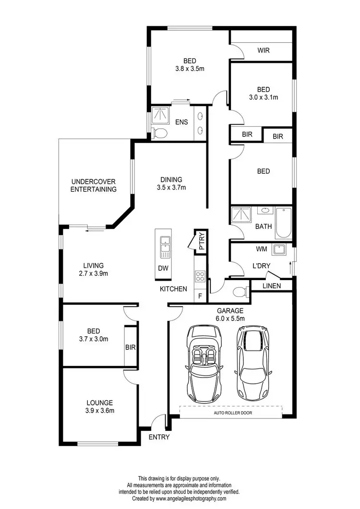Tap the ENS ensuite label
(x=181, y=122)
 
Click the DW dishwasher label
(x=163, y=268)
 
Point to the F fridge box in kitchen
(x=200, y=296)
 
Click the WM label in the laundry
(x=262, y=249)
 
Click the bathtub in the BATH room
(x=283, y=223)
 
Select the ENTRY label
(x=159, y=437)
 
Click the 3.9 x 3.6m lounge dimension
(x=100, y=411)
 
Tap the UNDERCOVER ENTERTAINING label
(x=94, y=185)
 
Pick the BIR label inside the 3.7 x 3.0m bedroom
(x=130, y=347)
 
